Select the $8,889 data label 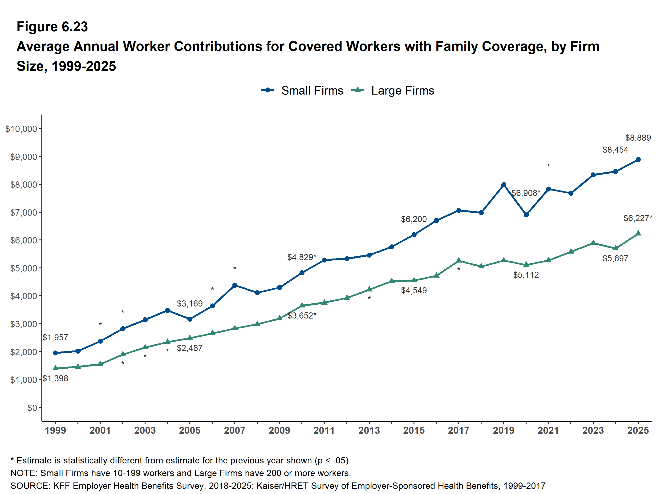pyautogui.click(x=638, y=138)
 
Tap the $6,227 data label pyautogui.click(x=637, y=218)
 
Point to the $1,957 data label pyautogui.click(x=55, y=337)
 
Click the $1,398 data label pyautogui.click(x=55, y=378)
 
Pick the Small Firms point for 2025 pyautogui.click(x=638, y=160)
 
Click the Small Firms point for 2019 pyautogui.click(x=504, y=185)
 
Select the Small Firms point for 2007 pyautogui.click(x=235, y=285)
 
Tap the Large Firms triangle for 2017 pyautogui.click(x=458, y=260)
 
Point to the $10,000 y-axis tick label pyautogui.click(x=21, y=129)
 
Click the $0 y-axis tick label pyautogui.click(x=32, y=408)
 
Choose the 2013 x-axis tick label pyautogui.click(x=369, y=430)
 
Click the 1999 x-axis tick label pyautogui.click(x=55, y=430)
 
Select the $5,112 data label pyautogui.click(x=526, y=275)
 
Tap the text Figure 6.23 pyautogui.click(x=52, y=27)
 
